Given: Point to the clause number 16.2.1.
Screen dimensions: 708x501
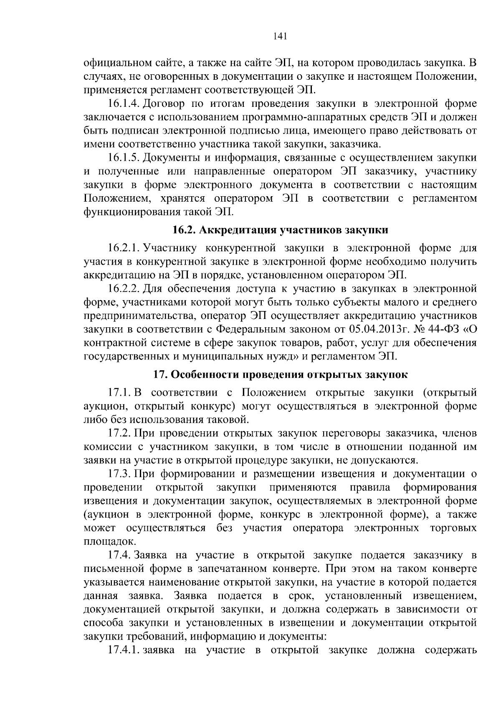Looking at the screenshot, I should point(123,248).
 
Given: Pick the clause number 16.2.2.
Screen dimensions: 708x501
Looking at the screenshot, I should point(123,289).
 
